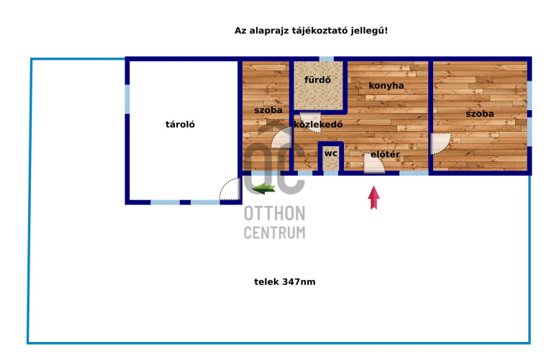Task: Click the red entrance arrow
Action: (374, 198)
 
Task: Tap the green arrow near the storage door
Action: (263, 189)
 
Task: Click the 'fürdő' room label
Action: (317, 80)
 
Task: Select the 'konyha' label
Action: (386, 86)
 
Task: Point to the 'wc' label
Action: (331, 153)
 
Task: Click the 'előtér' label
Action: (385, 154)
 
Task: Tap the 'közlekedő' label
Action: (318, 125)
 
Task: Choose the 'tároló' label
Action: (180, 125)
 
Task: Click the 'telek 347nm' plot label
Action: (285, 282)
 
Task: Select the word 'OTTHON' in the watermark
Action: (275, 213)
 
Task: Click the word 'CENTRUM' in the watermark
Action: (275, 233)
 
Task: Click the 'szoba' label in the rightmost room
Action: (480, 114)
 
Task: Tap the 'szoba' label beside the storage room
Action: (268, 110)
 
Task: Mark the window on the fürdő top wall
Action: (327, 59)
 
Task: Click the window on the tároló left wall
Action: (127, 99)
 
